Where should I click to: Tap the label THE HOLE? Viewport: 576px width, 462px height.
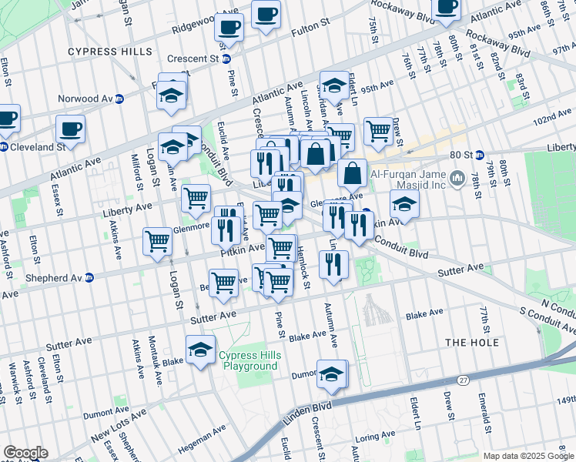[x=472, y=342]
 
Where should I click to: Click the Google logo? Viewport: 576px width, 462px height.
[x=25, y=453]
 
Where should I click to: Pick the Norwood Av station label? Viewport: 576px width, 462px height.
[x=91, y=99]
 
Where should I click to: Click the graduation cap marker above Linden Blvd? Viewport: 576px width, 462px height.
[x=332, y=374]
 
